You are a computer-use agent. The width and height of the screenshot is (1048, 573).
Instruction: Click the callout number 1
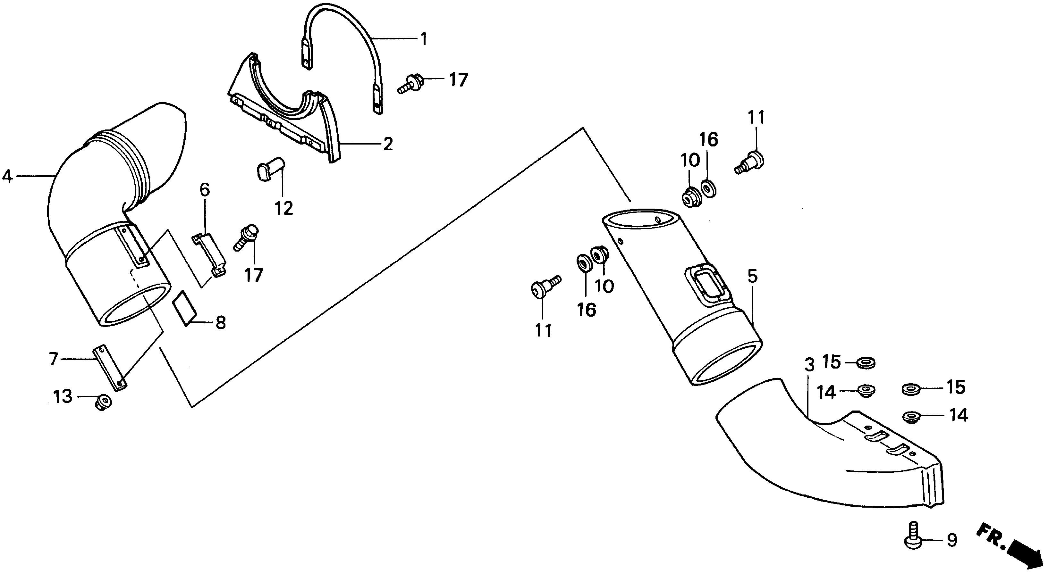click(x=424, y=39)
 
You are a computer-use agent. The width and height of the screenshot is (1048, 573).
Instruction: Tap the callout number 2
click(x=388, y=144)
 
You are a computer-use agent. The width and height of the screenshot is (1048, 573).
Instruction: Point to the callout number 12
click(x=283, y=209)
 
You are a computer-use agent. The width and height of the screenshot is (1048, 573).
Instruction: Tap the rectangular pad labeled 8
click(x=184, y=308)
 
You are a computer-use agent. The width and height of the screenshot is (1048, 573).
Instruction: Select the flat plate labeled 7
click(x=110, y=367)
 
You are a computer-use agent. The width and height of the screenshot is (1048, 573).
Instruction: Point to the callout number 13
click(x=63, y=396)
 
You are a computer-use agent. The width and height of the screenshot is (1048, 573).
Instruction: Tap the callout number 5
click(x=752, y=276)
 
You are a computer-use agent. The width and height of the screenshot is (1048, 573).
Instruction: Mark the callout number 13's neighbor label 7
click(x=53, y=360)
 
